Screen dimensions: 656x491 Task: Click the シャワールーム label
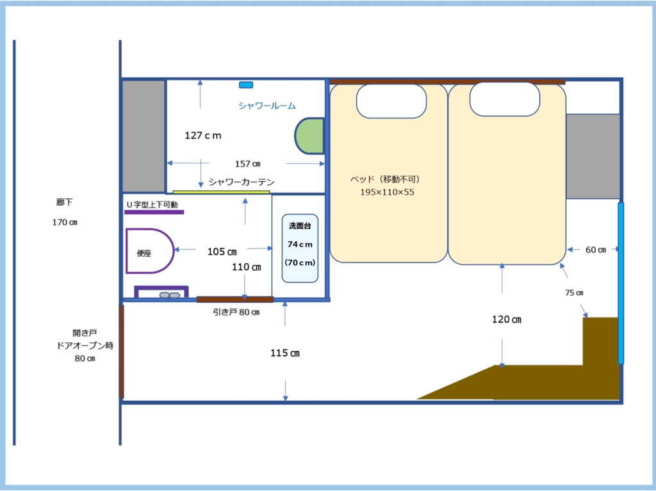(267, 106)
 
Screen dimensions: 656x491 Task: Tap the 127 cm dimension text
(203, 136)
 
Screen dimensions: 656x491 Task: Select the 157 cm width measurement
(248, 163)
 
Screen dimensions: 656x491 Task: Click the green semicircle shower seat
(309, 136)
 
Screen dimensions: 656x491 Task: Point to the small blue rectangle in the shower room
(246, 85)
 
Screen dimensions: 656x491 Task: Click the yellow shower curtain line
(221, 192)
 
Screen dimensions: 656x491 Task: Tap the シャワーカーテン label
(242, 182)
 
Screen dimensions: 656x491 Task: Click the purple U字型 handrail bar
(154, 212)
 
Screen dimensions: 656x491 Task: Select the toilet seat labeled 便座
(149, 251)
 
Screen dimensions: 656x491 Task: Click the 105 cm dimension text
(222, 252)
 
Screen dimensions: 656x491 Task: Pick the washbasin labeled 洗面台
(300, 248)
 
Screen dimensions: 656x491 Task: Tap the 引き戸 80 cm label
(236, 312)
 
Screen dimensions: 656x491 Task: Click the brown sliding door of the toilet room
(235, 300)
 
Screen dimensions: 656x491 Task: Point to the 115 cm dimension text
(285, 353)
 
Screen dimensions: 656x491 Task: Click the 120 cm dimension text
(507, 319)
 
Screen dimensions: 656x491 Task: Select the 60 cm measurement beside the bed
(596, 250)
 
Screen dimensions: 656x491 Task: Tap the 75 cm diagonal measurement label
(574, 293)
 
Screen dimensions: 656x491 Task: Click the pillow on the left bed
(391, 101)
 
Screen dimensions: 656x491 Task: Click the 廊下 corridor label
(65, 202)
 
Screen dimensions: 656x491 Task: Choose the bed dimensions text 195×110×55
(387, 193)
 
